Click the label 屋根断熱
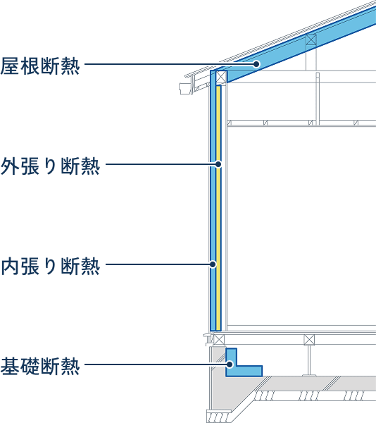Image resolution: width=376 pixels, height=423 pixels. tap(40, 66)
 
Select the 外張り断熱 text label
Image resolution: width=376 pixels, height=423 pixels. tap(51, 166)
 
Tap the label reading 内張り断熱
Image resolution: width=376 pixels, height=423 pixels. tap(51, 266)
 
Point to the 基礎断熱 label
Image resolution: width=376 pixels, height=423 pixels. tap(40, 366)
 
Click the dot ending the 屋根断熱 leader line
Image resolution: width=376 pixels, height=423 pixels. tap(256, 64)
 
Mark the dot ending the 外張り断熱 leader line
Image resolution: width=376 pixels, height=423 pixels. tap(218, 164)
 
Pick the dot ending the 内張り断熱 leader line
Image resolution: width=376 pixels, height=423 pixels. tap(213, 264)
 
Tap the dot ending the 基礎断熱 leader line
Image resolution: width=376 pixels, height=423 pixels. tap(230, 364)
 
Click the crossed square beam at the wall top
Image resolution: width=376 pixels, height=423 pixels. tap(221, 76)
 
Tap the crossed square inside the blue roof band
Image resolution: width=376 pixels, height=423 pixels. tap(311, 39)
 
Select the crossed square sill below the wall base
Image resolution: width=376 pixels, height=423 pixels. tap(219, 340)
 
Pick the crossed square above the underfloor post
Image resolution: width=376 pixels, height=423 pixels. tap(309, 340)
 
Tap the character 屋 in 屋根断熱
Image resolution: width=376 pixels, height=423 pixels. tap(10, 66)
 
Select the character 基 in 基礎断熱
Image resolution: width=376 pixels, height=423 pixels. tap(10, 366)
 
